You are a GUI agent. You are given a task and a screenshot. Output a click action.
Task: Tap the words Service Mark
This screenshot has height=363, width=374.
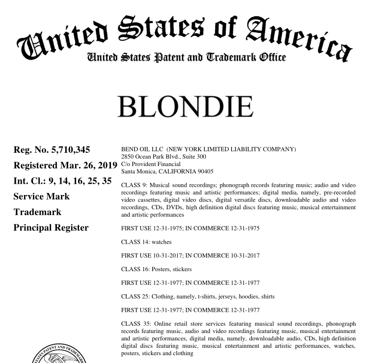pyautogui.click(x=41, y=196)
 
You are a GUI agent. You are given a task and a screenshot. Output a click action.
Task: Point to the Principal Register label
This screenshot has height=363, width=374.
pyautogui.click(x=51, y=227)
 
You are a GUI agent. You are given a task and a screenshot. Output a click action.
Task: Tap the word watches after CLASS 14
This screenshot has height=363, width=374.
pyautogui.click(x=162, y=242)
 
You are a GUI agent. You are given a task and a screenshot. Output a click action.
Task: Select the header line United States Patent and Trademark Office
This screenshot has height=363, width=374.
pyautogui.click(x=186, y=57)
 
